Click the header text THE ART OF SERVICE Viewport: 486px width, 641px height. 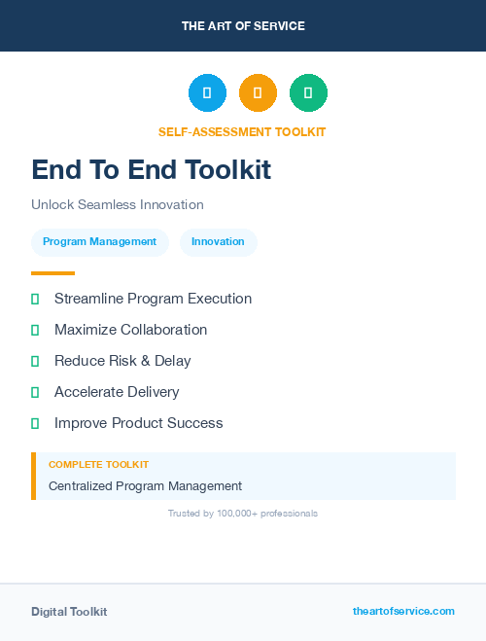(x=243, y=26)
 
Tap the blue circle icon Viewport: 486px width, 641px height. (x=207, y=92)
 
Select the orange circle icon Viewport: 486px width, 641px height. (x=258, y=92)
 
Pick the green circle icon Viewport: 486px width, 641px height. (x=308, y=92)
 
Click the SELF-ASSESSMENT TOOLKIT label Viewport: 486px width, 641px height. (x=242, y=132)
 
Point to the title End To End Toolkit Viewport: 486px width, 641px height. (x=151, y=170)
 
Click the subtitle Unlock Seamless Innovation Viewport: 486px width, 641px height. (x=118, y=205)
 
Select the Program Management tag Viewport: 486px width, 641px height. (x=99, y=242)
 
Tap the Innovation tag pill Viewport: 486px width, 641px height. (x=218, y=242)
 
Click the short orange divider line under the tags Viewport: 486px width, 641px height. (x=52, y=273)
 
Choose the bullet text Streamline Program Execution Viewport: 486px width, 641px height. (x=153, y=299)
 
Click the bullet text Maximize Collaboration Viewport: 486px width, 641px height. (x=130, y=330)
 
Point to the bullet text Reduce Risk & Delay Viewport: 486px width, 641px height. (x=122, y=361)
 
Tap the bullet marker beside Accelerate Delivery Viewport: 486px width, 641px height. (x=35, y=392)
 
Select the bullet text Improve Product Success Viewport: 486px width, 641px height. (x=138, y=423)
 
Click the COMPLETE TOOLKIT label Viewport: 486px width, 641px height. (x=98, y=465)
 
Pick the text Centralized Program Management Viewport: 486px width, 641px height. (x=145, y=486)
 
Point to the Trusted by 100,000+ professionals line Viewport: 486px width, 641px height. (x=242, y=513)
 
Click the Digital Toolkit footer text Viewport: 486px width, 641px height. (x=69, y=612)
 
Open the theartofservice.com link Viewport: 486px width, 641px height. (x=403, y=611)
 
